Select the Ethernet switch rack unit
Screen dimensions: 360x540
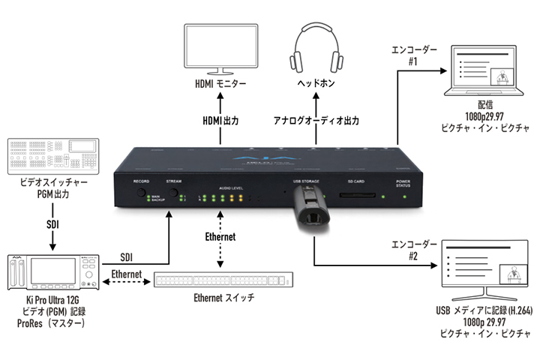pos(223,280)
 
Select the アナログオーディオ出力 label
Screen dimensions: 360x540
pos(317,120)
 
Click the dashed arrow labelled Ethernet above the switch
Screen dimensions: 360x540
pos(219,247)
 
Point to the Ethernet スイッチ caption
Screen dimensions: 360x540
pos(224,298)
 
